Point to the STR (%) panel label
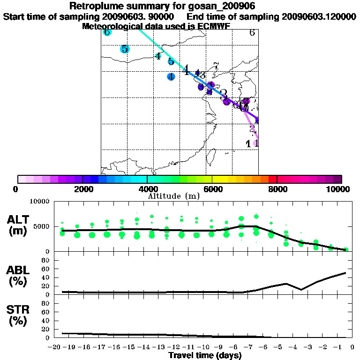tap(19, 315)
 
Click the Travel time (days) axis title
tap(205, 356)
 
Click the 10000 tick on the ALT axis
tap(39, 202)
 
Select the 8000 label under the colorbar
tap(277, 189)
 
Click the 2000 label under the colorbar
tap(82, 189)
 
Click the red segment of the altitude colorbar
tap(273, 179)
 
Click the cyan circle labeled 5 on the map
tap(125, 49)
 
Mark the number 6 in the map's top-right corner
tap(252, 33)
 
